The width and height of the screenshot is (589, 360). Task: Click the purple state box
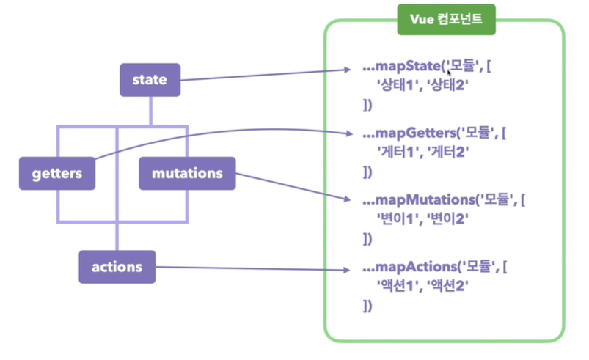[150, 80]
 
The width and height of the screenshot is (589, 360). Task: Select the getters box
[56, 174]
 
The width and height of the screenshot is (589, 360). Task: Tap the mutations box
[187, 174]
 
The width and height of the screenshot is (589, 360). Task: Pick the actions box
[117, 267]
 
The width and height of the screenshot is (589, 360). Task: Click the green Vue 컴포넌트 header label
[446, 20]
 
